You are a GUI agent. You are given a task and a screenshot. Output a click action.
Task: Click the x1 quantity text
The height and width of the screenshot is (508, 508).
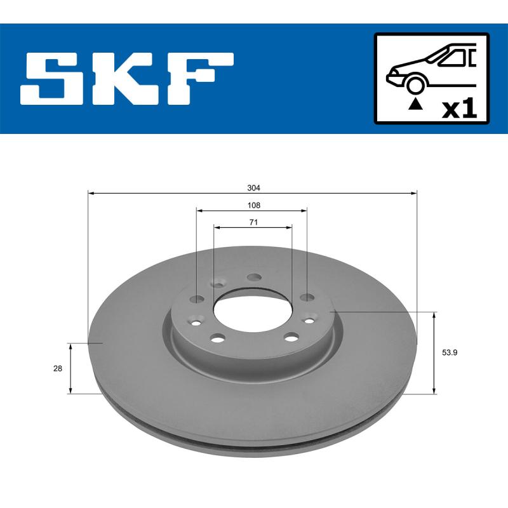pos(458,109)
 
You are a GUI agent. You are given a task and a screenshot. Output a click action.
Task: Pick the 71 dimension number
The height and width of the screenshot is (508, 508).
pos(253,222)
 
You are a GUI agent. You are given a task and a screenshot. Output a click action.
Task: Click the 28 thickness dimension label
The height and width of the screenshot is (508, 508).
pos(58,368)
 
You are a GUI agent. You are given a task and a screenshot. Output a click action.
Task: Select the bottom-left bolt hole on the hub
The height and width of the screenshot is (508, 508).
pos(217,337)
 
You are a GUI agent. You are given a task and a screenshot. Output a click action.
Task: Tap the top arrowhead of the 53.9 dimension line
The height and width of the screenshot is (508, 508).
pos(434,314)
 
